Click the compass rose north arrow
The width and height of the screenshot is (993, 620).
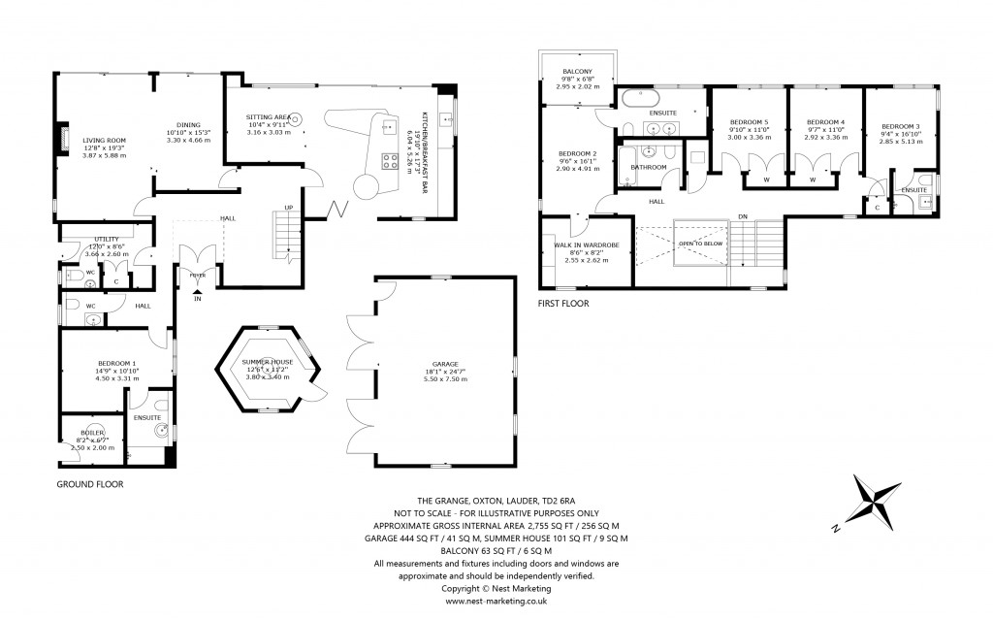pyautogui.click(x=876, y=503)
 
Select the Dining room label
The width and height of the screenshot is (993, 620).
pyautogui.click(x=188, y=124)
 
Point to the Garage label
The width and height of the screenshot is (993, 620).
pyautogui.click(x=445, y=364)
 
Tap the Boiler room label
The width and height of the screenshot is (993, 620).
pyautogui.click(x=94, y=433)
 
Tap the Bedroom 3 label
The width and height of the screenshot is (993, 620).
pyautogui.click(x=900, y=126)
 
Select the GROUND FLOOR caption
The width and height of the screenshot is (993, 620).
pyautogui.click(x=90, y=483)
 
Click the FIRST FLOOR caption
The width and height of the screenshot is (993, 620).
pyautogui.click(x=563, y=303)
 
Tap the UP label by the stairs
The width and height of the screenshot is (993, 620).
pyautogui.click(x=287, y=207)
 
